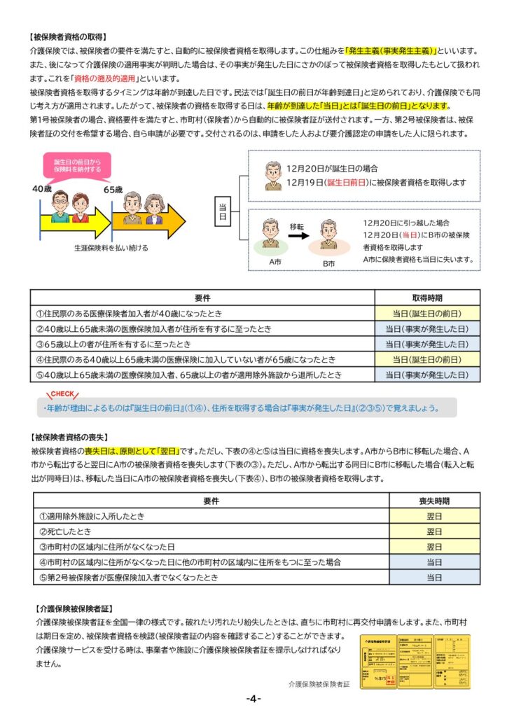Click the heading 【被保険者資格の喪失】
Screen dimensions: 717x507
(69, 436)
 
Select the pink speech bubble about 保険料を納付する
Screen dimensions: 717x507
(77, 165)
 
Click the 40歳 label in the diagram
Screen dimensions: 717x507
(41, 190)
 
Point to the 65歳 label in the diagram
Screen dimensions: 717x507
(113, 190)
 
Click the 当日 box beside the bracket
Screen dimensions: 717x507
(223, 210)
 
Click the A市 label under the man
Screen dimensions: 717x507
(275, 260)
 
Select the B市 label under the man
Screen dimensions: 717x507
(329, 263)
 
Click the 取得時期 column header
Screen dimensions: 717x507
(427, 298)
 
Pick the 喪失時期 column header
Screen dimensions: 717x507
(434, 501)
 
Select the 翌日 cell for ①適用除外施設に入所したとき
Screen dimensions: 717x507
(434, 516)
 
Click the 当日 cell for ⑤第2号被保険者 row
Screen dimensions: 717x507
(434, 578)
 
